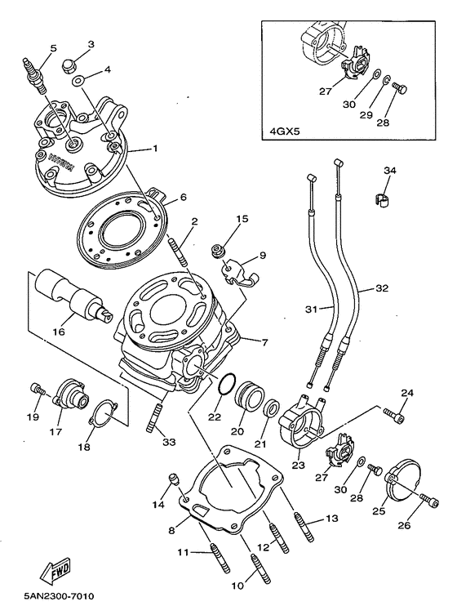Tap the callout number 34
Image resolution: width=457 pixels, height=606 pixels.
point(389,170)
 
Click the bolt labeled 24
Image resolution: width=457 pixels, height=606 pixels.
point(396,419)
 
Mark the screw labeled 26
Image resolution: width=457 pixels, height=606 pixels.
point(425,498)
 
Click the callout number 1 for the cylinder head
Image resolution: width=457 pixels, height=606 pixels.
point(154,149)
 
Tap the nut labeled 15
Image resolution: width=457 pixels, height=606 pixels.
point(217,248)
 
